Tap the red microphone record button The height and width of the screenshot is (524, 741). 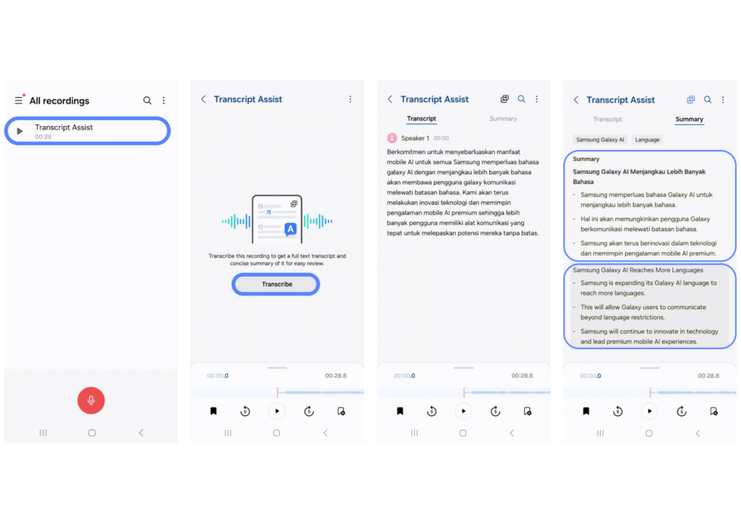(x=90, y=400)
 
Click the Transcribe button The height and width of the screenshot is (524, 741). (x=276, y=284)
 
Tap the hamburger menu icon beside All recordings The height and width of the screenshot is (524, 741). (x=18, y=100)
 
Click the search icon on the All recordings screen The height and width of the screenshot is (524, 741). (x=148, y=100)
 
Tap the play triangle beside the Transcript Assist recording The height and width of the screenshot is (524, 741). (x=20, y=131)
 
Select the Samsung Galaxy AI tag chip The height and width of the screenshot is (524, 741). (x=600, y=140)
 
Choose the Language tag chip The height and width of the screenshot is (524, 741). (x=647, y=140)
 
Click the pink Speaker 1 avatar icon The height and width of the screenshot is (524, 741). (x=391, y=138)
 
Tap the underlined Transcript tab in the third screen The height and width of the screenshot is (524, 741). (x=422, y=119)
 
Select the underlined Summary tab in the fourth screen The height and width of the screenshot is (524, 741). (x=689, y=119)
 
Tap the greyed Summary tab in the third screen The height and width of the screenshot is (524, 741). (x=503, y=119)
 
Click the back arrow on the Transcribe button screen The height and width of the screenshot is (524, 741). (x=203, y=99)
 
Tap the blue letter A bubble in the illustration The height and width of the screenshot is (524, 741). (x=290, y=229)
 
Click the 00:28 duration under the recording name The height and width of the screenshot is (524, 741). (x=43, y=137)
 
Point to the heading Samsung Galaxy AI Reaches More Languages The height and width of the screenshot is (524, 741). (x=638, y=270)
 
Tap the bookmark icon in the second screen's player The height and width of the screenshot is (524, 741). (x=213, y=411)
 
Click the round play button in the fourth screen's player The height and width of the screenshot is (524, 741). (x=649, y=411)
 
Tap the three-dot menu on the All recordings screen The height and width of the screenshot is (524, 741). (x=164, y=100)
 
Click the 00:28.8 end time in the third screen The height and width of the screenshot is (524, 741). (x=522, y=376)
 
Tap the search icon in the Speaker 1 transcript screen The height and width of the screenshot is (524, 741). (x=521, y=99)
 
